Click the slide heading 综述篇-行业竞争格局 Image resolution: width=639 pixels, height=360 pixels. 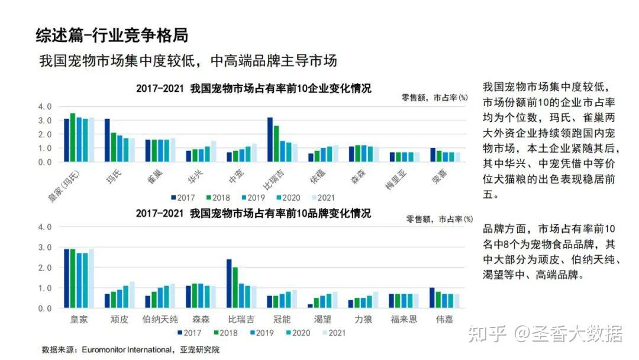point(112,35)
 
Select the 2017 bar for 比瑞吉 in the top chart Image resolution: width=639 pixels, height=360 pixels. point(270,140)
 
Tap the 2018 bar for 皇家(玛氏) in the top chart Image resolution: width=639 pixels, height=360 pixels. point(73,137)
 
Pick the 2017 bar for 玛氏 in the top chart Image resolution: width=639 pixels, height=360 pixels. point(107,140)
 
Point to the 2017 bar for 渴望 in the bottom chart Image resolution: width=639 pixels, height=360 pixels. point(310,306)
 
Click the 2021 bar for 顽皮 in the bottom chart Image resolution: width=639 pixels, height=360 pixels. point(132,295)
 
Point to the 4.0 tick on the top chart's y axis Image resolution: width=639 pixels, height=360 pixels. point(45,107)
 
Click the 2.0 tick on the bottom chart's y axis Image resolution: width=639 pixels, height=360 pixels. point(45,268)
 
